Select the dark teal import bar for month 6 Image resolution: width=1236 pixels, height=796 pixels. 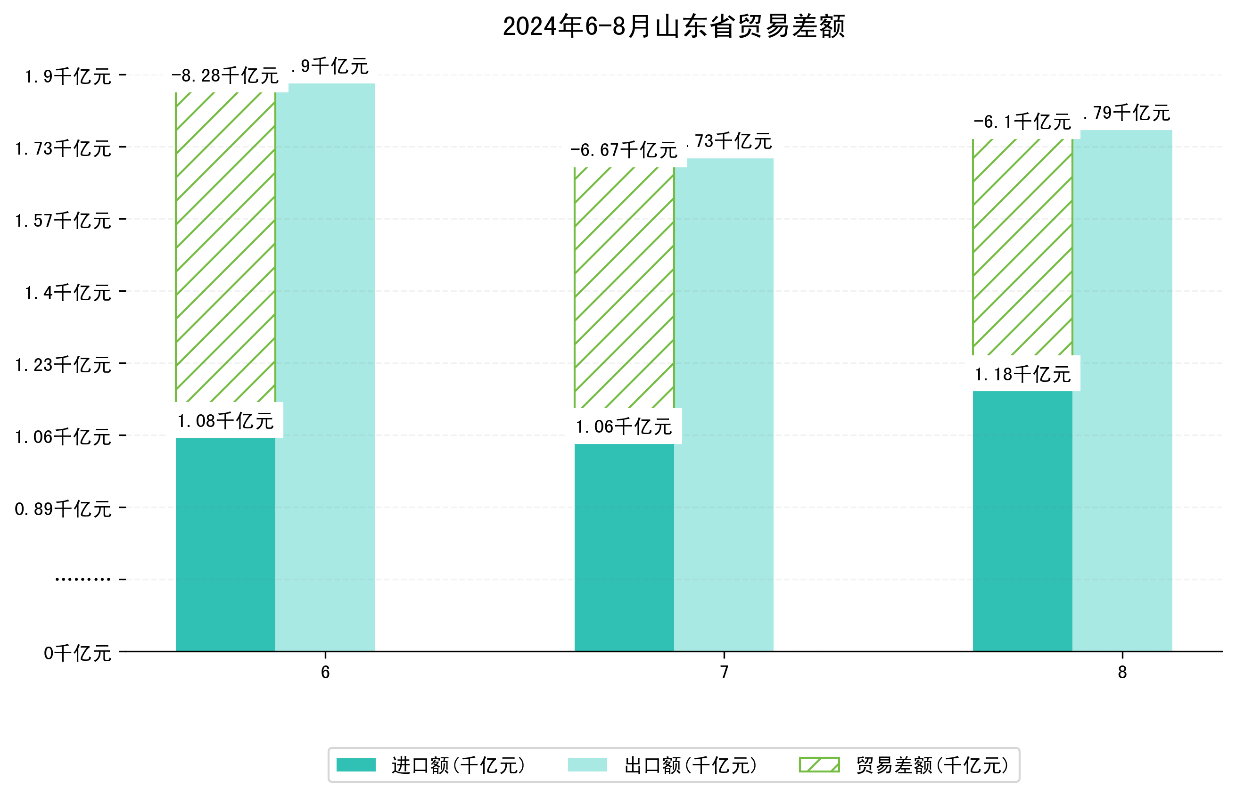tap(225, 544)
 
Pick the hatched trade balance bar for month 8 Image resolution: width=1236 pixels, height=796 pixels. tap(1022, 247)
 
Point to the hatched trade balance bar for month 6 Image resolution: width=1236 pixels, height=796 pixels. tap(225, 247)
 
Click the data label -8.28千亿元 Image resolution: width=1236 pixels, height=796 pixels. tap(225, 76)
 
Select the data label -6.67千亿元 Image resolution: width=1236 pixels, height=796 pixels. tap(624, 150)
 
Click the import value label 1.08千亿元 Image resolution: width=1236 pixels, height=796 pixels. tap(225, 421)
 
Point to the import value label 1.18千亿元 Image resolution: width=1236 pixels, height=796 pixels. tap(1022, 374)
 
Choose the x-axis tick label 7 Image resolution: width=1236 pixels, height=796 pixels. tap(724, 672)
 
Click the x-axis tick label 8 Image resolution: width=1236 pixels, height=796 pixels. tap(1122, 672)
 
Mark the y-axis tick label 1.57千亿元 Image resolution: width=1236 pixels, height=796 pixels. tap(63, 221)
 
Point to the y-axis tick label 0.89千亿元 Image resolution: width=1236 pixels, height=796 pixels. tap(63, 509)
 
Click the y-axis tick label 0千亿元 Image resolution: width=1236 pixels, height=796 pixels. tap(77, 653)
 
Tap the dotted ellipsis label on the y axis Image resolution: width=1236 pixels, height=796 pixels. tap(82, 579)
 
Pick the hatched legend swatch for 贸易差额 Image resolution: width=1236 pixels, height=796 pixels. tap(819, 764)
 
